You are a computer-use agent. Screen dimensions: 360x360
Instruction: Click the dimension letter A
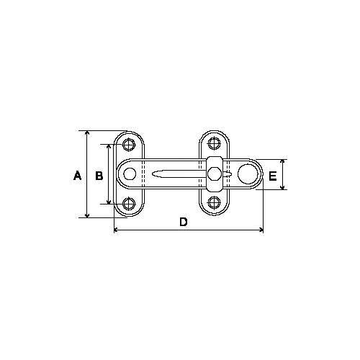77,176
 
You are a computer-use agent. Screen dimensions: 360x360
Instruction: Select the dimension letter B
99,176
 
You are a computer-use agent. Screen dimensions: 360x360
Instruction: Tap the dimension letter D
184,222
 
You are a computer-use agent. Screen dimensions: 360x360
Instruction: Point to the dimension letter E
273,176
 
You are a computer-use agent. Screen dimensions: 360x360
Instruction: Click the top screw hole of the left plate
129,145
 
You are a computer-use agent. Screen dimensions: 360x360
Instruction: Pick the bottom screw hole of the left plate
129,204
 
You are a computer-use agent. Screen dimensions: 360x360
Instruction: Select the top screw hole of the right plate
214,143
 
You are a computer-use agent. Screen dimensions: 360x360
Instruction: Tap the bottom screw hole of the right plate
214,202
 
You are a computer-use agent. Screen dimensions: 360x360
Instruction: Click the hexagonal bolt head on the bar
215,174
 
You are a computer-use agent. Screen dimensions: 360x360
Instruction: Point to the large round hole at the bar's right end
248,174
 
